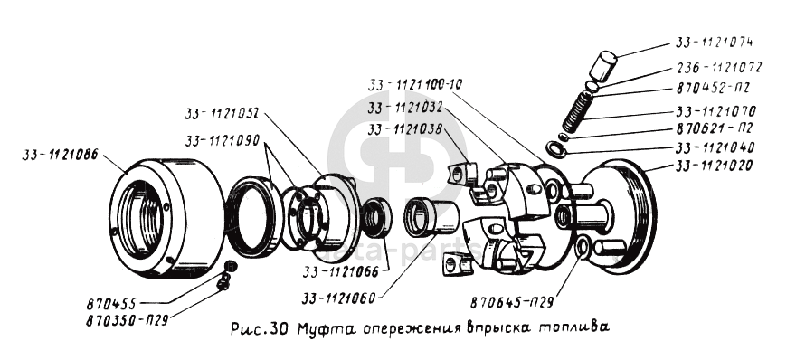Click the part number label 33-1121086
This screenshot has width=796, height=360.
click(60, 155)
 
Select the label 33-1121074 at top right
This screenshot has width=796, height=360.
click(714, 43)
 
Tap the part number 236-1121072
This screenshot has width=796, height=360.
click(719, 67)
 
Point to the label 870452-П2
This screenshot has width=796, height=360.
click(714, 89)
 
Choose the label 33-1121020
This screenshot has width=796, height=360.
click(715, 166)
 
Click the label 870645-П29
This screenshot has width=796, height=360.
click(512, 303)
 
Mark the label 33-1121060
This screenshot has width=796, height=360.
click(338, 298)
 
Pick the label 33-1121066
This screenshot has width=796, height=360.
click(341, 272)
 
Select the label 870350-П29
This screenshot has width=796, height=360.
click(127, 320)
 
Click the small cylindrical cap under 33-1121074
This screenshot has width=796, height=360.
click(602, 65)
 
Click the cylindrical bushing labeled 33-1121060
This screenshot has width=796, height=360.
click(432, 218)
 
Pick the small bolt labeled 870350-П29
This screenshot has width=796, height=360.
click(223, 283)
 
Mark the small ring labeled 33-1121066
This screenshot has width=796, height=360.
click(377, 217)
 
